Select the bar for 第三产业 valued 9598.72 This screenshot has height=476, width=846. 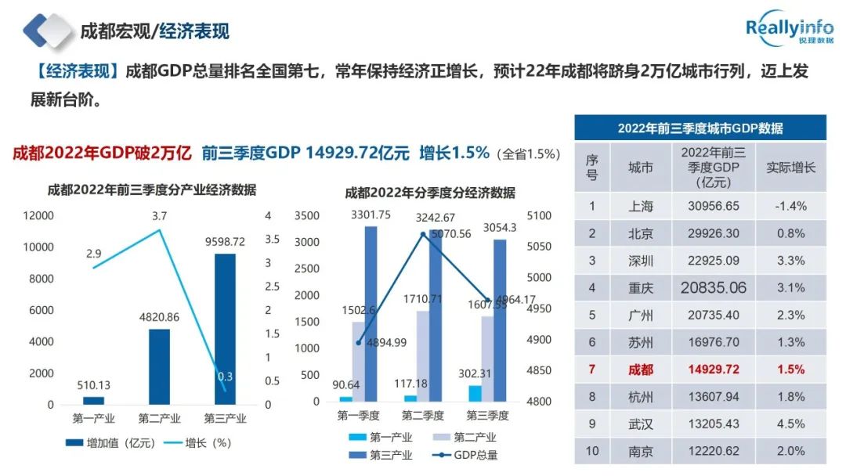[x=224, y=329]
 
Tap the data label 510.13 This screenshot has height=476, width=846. [x=93, y=384]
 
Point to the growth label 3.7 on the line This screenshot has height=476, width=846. [x=160, y=215]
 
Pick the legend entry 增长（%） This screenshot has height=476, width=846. [x=208, y=443]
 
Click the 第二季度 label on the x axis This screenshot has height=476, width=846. [x=423, y=416]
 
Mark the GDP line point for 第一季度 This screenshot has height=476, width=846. [x=359, y=343]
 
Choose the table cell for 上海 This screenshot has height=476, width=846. [x=641, y=207]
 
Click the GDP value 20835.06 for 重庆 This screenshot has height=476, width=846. [x=713, y=288]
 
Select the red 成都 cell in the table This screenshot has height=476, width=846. [x=641, y=370]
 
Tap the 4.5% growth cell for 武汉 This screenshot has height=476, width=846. [x=791, y=424]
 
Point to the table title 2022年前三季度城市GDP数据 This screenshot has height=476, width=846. [x=700, y=128]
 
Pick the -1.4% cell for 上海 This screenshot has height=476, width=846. [x=791, y=207]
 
